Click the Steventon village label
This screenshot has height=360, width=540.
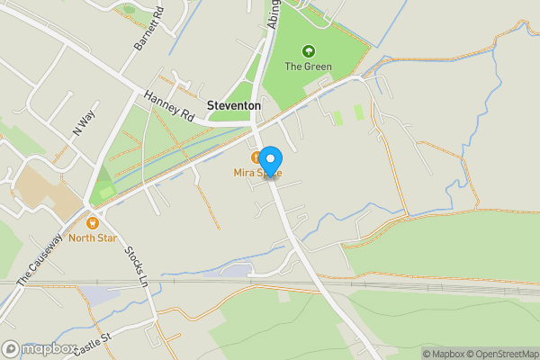pos(234,105)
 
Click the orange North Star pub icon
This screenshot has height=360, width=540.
pos(92,222)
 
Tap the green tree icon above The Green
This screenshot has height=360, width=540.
pos(309,51)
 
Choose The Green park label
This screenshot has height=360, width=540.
pos(309,67)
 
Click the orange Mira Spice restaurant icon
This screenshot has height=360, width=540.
pos(256,157)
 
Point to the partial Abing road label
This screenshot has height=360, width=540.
pos(274,13)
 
